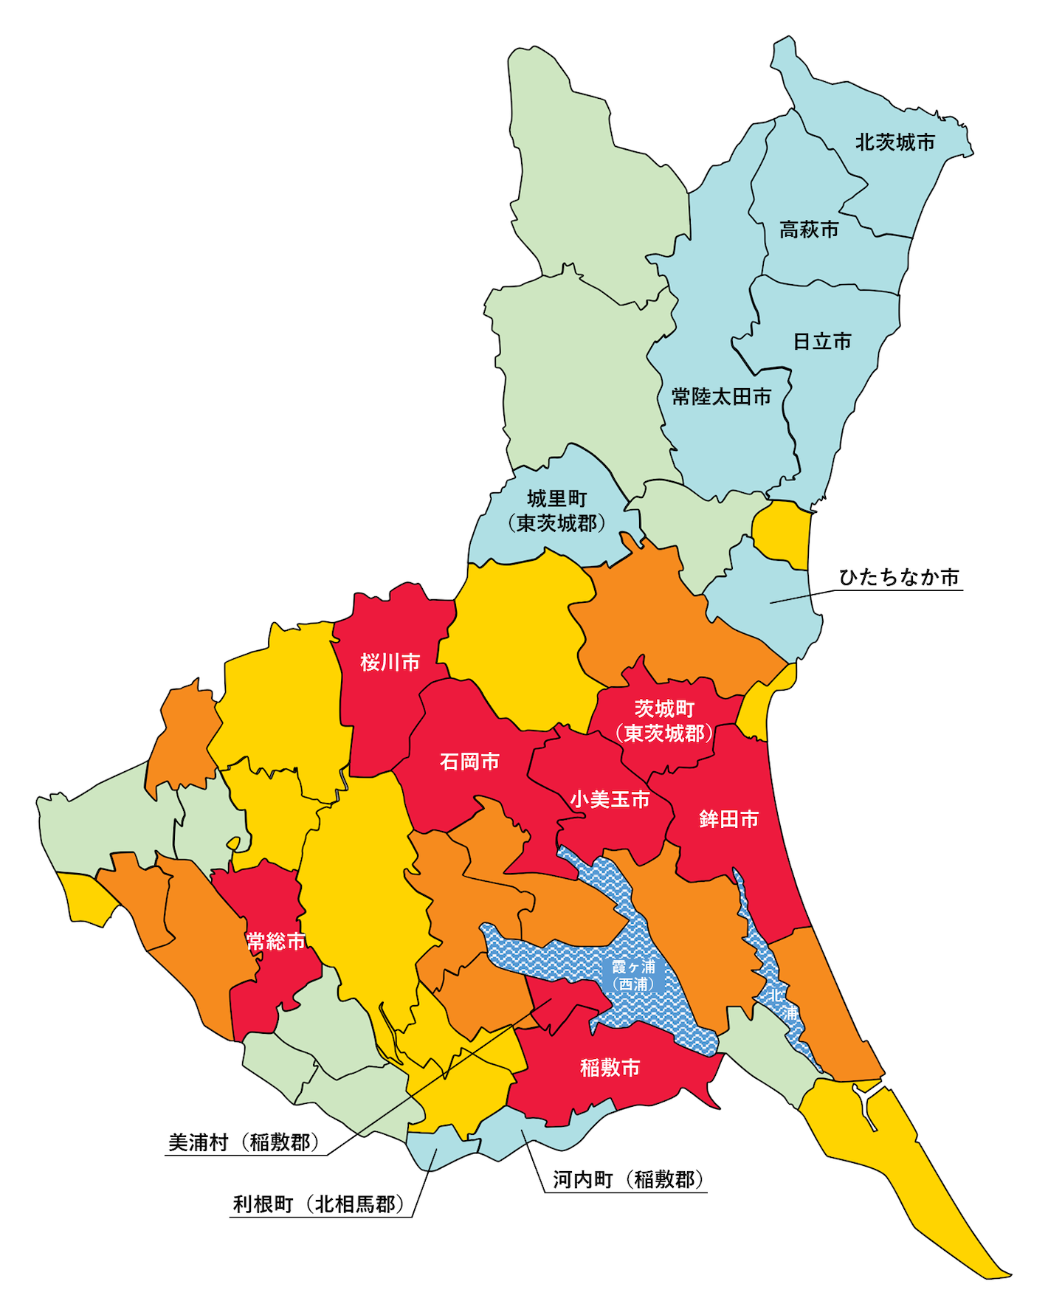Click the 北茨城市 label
[894, 142]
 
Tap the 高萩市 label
[809, 230]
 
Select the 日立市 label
[821, 342]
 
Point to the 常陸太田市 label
[721, 397]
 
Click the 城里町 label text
[556, 500]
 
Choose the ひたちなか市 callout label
[899, 577]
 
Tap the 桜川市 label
[390, 663]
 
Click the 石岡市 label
[469, 762]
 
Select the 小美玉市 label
[610, 799]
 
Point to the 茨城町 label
[664, 709]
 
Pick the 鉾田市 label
[728, 819]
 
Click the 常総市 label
[275, 942]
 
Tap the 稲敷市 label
[610, 1068]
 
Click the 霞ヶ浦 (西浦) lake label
[633, 976]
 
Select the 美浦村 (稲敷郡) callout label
[244, 1143]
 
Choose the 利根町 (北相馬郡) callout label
[319, 1204]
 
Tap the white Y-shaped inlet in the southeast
[866, 1100]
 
